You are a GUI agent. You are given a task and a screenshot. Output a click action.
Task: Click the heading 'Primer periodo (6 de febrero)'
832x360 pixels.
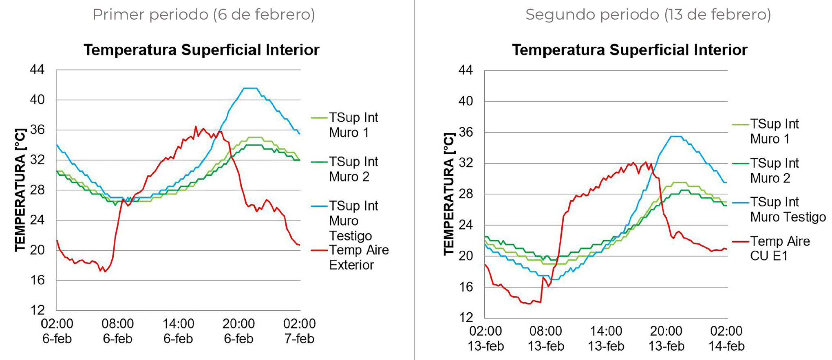203,15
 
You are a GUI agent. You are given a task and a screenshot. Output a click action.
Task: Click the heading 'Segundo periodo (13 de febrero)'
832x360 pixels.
648,15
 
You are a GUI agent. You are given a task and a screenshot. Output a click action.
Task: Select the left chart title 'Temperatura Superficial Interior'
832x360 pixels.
201,50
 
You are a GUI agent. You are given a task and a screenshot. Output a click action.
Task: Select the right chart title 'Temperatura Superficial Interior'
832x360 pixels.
629,50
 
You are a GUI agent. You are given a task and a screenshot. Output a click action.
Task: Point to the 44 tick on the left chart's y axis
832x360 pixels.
37,70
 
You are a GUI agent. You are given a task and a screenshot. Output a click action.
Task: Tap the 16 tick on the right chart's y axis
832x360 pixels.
466,287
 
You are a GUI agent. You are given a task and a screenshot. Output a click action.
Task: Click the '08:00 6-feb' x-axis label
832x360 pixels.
117,331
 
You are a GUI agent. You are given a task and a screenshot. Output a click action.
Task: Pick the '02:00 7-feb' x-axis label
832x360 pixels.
299,331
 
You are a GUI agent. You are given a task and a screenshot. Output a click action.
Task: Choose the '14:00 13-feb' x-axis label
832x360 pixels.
606,338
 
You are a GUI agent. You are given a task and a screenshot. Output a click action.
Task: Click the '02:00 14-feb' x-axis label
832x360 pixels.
726,338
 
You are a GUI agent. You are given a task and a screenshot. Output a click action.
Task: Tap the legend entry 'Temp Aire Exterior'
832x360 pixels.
358,257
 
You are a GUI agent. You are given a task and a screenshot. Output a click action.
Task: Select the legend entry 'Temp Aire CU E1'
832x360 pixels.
779,248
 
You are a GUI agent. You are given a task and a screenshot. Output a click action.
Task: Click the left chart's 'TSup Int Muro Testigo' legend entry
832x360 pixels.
353,221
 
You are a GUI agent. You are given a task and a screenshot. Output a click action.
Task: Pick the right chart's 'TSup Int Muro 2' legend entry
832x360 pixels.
774,170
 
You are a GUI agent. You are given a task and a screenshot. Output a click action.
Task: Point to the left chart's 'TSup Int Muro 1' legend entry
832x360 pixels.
353,125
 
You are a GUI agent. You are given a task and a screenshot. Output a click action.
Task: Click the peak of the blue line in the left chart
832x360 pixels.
250,88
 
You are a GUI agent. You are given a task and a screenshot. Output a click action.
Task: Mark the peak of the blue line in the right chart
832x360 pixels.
676,136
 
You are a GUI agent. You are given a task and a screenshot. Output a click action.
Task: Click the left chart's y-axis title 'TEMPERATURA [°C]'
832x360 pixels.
20,190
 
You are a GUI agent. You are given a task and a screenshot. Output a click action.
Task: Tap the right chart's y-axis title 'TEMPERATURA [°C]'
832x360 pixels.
448,194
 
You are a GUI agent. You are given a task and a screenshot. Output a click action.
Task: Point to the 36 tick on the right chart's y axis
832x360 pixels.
466,132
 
